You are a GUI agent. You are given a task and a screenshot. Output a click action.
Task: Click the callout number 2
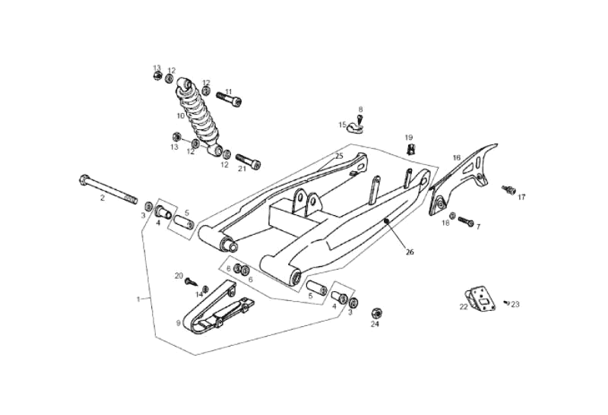point(103,198)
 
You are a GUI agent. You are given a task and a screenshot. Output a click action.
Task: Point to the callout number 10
point(181,116)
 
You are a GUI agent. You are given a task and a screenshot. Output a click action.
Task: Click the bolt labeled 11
point(229,99)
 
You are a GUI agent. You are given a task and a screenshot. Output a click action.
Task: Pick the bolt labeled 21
point(248,161)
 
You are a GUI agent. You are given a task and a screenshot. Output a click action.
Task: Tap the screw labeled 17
point(508,189)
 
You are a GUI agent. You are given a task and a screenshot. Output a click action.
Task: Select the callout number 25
point(339,155)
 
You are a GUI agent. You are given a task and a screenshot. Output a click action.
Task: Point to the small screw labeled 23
point(507,303)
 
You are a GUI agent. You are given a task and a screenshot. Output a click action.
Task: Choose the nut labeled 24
point(375,312)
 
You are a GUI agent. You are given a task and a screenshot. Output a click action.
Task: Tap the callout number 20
point(179,275)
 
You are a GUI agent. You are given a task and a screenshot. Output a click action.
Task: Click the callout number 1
point(138,299)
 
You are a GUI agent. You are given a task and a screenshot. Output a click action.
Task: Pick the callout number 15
point(343,125)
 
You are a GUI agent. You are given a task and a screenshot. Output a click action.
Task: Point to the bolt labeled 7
point(466,223)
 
